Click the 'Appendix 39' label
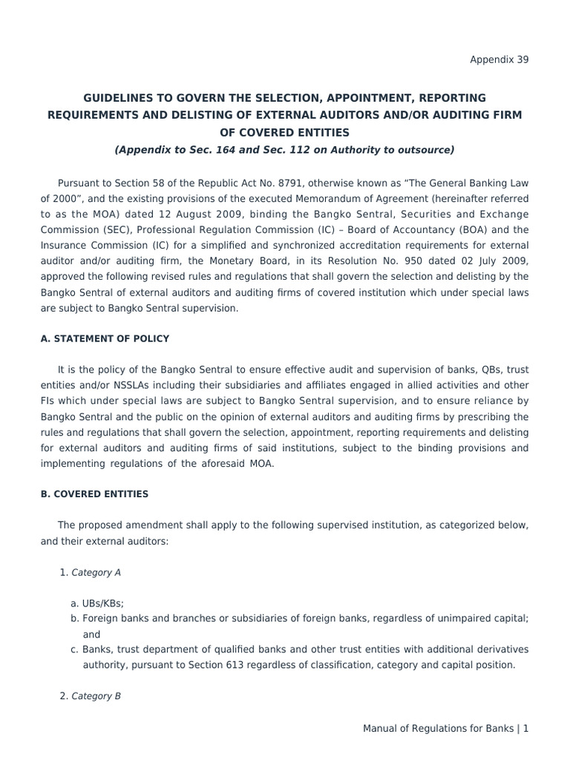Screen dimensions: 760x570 (x=499, y=60)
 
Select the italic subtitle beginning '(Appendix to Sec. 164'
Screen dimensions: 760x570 (x=284, y=150)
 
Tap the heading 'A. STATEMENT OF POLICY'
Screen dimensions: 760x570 (x=105, y=339)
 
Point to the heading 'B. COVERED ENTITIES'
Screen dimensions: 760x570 (x=94, y=494)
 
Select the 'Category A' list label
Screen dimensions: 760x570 (x=96, y=573)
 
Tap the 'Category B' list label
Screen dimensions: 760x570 (x=96, y=696)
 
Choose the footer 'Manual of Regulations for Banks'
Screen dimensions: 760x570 (x=438, y=729)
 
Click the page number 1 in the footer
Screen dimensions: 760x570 (x=526, y=729)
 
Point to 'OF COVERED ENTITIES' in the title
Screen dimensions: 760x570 (x=284, y=133)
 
